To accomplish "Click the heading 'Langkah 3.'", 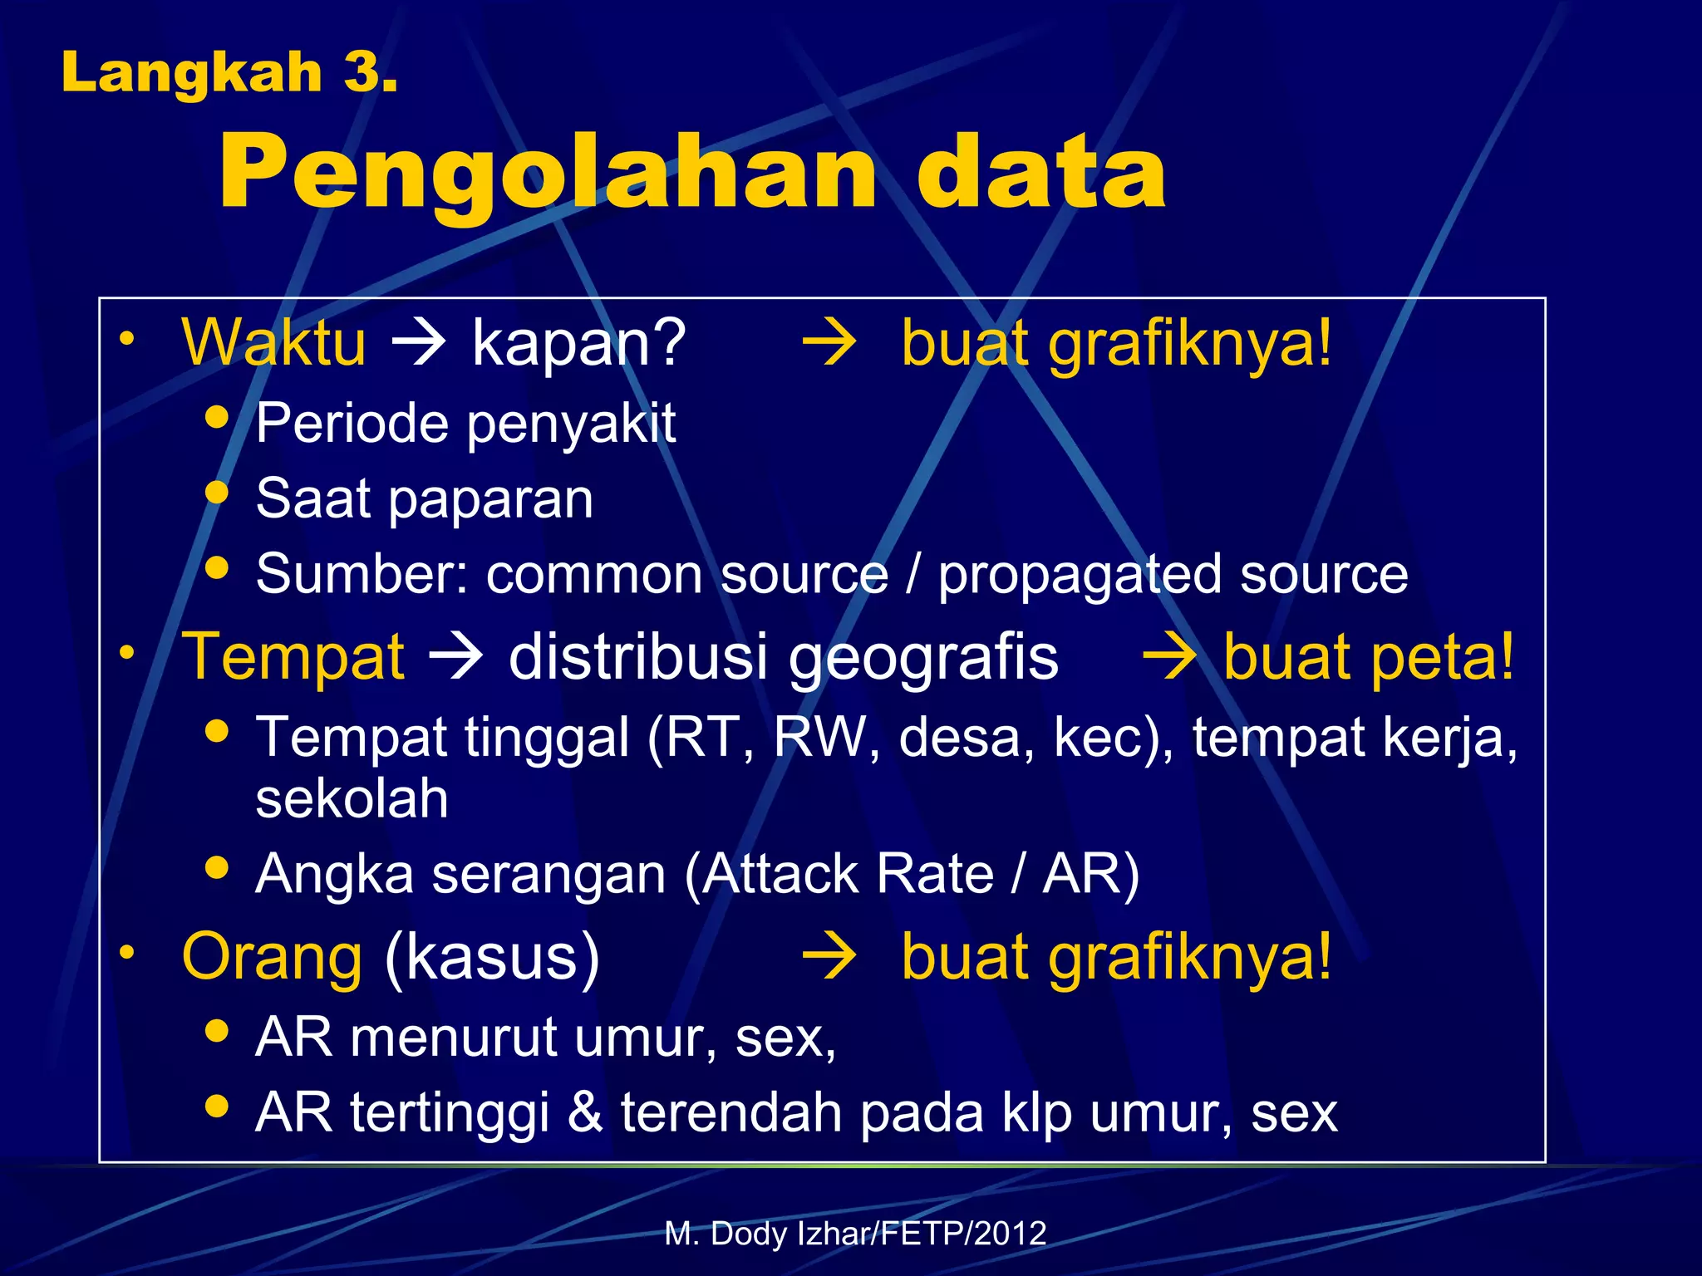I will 229,72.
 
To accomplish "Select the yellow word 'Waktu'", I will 273,342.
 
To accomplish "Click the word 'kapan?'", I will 578,342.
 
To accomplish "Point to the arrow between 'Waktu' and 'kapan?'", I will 419,342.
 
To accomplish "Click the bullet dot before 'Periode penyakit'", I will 217,416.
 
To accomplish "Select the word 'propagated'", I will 1080,575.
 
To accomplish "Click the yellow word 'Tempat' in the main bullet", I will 293,656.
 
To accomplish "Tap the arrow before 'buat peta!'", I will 1170,656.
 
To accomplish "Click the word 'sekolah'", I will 352,798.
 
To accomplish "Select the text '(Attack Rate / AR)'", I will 912,874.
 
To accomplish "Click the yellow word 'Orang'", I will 272,957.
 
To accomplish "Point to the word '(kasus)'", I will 492,957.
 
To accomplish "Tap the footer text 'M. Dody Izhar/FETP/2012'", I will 855,1233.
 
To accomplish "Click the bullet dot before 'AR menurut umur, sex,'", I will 217,1031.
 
